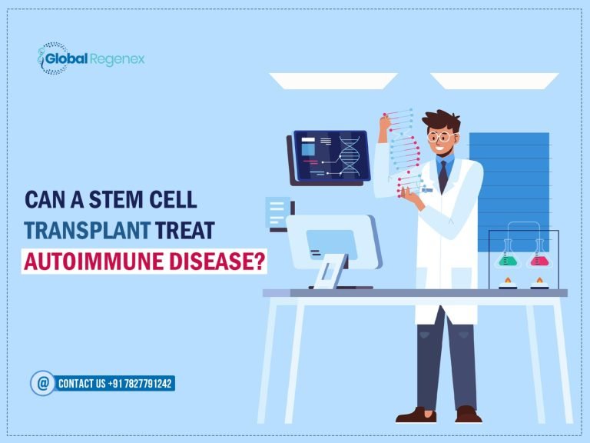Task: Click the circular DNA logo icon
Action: tap(51, 59)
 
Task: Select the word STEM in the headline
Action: tap(115, 199)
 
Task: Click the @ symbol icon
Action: tap(42, 382)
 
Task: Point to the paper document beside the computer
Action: tap(277, 212)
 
